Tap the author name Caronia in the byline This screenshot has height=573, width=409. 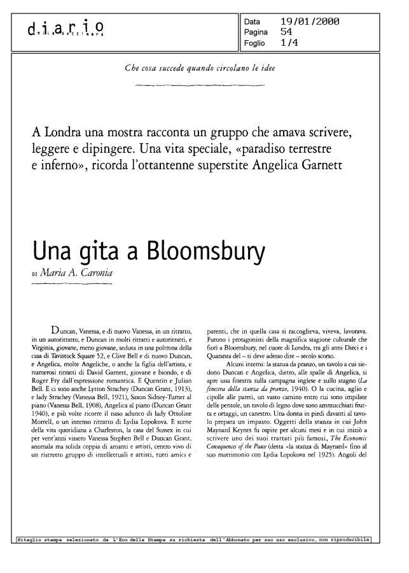(x=95, y=274)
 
